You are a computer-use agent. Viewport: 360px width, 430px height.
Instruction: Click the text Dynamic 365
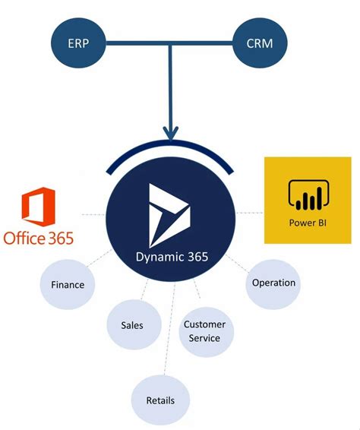171,258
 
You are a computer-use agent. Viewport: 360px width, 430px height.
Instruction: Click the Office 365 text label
39,238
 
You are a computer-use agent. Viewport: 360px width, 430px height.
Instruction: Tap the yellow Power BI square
307,200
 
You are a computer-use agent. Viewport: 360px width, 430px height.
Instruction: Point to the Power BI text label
307,223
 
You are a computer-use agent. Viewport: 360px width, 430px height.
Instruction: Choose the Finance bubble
68,286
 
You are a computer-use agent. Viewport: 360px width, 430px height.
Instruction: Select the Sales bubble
132,325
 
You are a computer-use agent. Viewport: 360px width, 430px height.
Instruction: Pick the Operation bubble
273,283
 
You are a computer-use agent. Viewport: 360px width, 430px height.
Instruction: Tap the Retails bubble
160,400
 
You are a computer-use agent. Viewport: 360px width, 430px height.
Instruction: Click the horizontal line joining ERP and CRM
171,45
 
